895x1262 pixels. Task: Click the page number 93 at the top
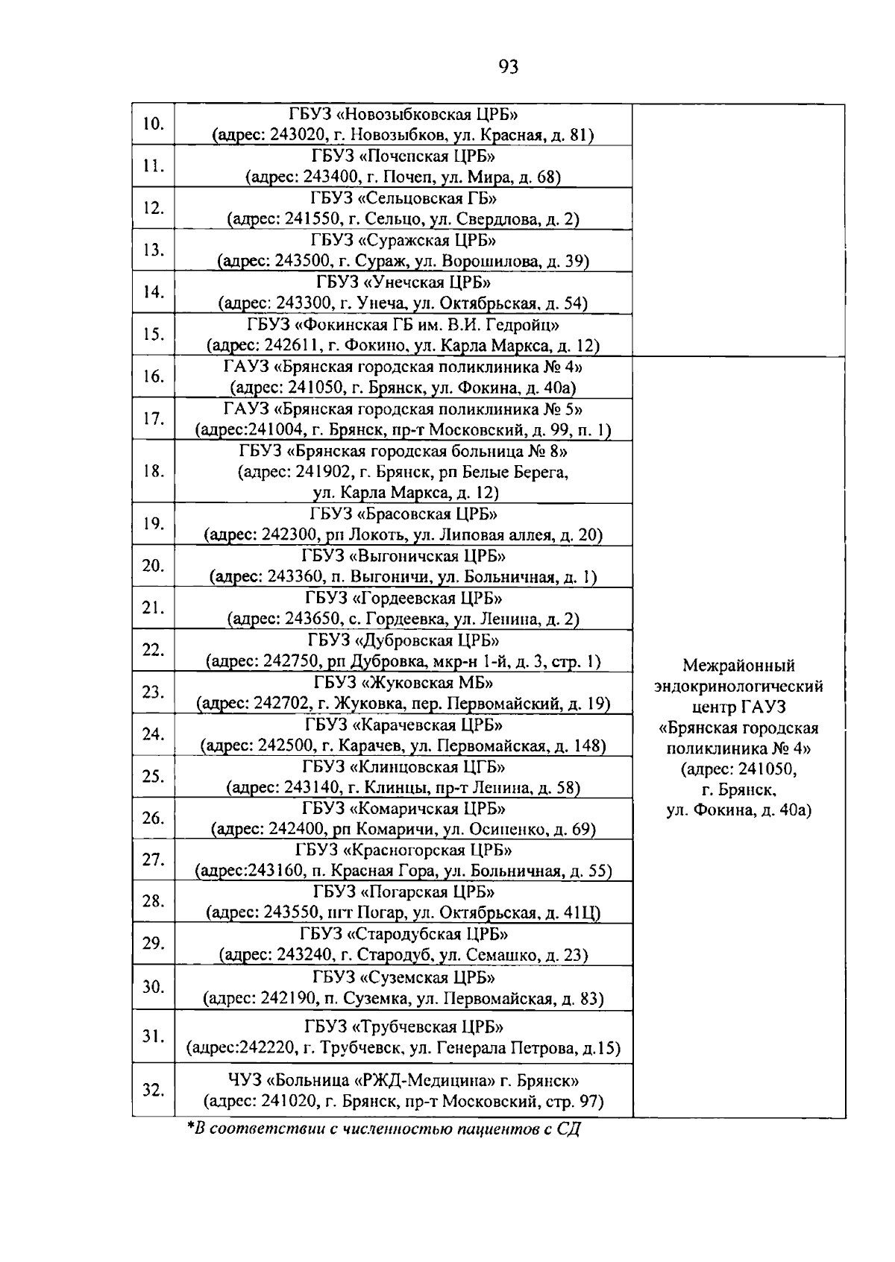[x=508, y=67]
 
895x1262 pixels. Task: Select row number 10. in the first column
[x=153, y=124]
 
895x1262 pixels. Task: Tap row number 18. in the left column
[x=153, y=471]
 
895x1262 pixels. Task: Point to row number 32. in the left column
[x=153, y=1090]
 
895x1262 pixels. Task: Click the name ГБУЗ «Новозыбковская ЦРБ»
[x=403, y=115]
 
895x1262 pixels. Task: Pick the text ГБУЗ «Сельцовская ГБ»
[x=403, y=198]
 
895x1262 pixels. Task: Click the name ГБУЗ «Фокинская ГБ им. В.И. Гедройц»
[x=403, y=325]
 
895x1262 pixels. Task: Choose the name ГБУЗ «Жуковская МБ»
[x=403, y=683]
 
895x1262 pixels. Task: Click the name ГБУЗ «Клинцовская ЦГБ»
[x=403, y=767]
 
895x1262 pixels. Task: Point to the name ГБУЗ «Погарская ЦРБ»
[x=403, y=892]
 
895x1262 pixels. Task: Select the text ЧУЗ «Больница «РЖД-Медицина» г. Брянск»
[x=403, y=1080]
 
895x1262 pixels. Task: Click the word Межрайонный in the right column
[x=738, y=666]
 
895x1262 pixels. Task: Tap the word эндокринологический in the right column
[x=738, y=686]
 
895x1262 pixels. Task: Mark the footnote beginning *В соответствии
[x=383, y=1129]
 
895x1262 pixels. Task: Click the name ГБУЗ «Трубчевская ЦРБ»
[x=403, y=1026]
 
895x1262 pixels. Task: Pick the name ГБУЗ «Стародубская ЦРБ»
[x=403, y=935]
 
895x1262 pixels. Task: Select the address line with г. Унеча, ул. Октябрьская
[x=403, y=304]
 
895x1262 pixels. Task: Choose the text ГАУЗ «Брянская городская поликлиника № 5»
[x=403, y=409]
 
